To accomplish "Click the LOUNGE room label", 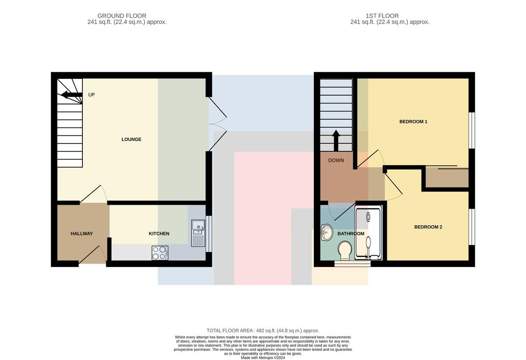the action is tap(131, 139).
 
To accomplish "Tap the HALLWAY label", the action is tap(82, 233).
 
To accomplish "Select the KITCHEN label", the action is tap(159, 233).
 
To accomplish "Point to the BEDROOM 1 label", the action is tap(413, 121).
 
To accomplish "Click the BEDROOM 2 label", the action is tap(428, 227).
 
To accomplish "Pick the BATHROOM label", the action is tap(351, 233).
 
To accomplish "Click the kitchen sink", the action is tap(198, 233).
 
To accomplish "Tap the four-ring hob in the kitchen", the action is tap(160, 253).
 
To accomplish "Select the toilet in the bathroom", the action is tap(345, 250).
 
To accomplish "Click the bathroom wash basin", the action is tap(327, 232).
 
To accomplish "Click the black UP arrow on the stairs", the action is tap(71, 95).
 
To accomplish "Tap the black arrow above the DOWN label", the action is tap(336, 141).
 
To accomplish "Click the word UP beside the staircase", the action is tap(91, 95).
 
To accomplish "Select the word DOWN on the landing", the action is tap(336, 160).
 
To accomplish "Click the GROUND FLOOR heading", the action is tap(122, 16).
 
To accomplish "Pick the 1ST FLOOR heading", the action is tap(382, 16).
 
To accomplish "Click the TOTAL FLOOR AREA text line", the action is tap(263, 331).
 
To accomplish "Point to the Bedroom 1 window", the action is tap(472, 130).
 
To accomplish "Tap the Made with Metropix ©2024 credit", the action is tap(263, 358).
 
